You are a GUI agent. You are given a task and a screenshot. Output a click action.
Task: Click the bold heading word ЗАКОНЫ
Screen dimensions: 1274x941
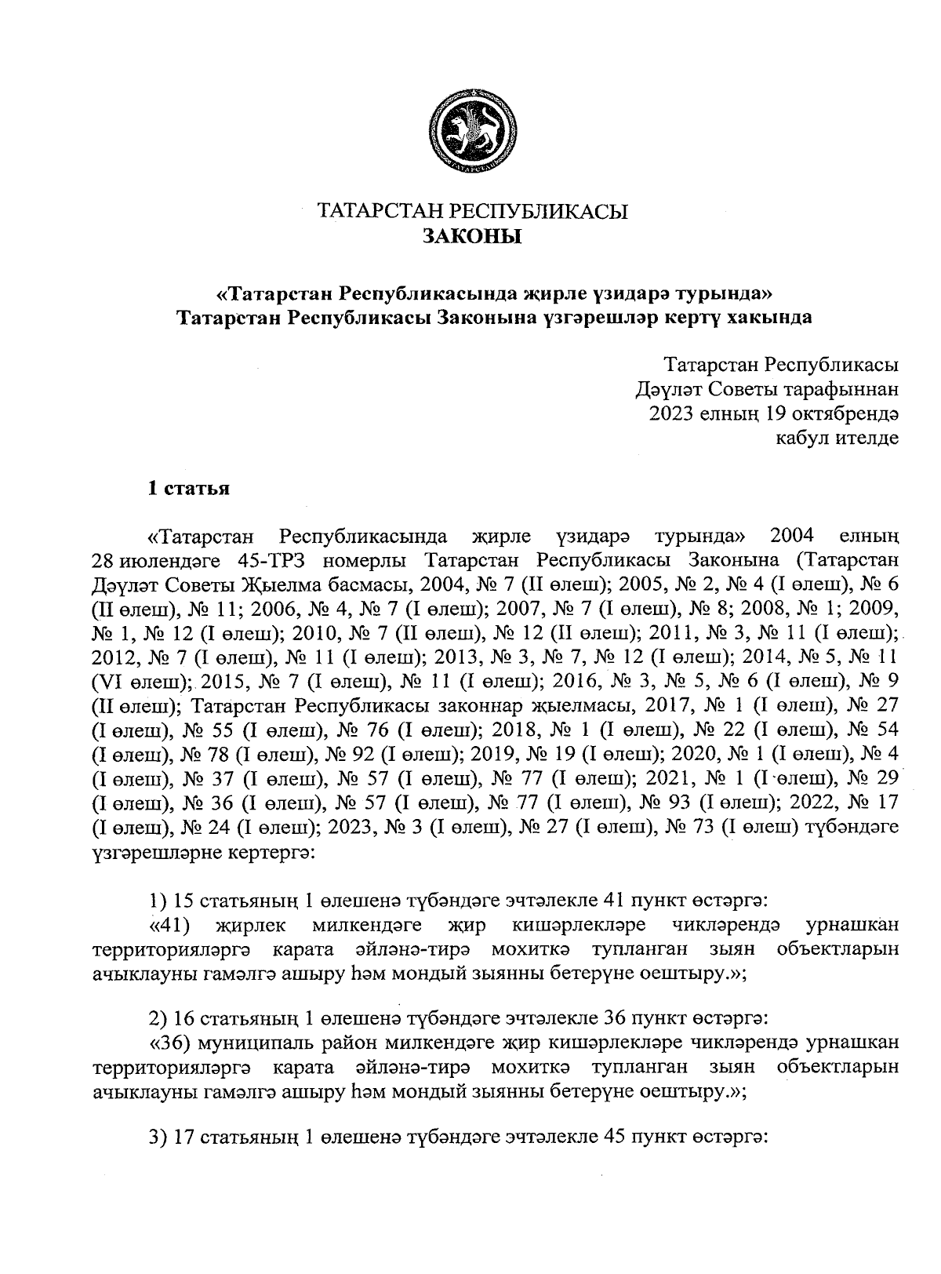pos(472,236)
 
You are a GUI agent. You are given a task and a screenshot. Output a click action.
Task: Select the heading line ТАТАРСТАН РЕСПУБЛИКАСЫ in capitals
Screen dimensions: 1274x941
pos(472,211)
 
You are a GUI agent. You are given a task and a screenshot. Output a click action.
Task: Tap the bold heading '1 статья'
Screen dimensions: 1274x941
pos(189,488)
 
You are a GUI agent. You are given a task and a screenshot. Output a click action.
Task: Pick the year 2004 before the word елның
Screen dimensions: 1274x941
pos(793,537)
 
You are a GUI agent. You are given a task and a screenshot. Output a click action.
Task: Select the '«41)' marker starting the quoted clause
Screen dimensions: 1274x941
pos(171,925)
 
